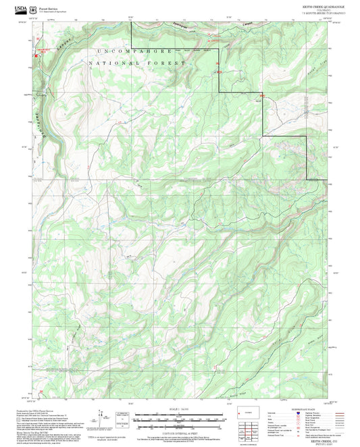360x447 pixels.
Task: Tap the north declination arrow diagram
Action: (x=101, y=419)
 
